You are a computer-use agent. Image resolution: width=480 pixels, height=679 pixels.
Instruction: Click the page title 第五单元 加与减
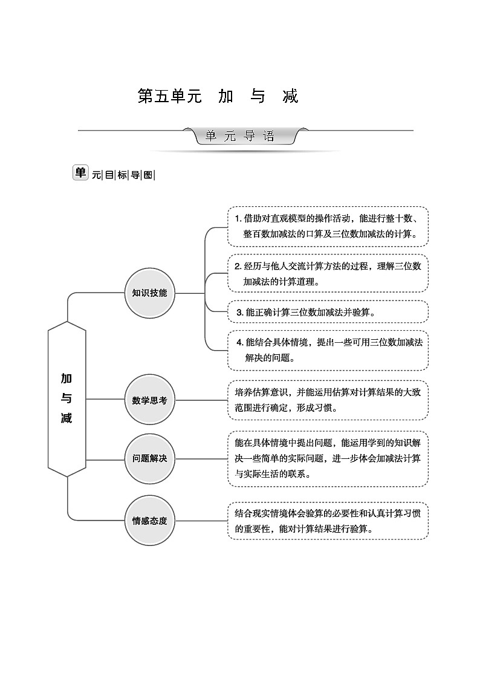(x=218, y=96)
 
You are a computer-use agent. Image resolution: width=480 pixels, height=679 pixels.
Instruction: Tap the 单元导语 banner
(x=240, y=136)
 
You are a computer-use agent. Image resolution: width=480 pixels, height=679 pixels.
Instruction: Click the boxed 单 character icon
(x=80, y=173)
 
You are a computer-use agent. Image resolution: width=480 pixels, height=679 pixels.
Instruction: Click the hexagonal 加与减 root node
(x=66, y=398)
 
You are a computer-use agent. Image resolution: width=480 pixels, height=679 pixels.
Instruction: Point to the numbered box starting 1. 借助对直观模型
(x=328, y=226)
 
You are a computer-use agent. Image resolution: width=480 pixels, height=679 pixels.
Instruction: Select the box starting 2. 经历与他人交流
(x=328, y=273)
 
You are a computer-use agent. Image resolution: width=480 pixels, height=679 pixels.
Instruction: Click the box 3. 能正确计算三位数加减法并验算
(x=328, y=312)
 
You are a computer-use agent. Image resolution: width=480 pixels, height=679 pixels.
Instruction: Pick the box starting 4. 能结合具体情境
(x=328, y=350)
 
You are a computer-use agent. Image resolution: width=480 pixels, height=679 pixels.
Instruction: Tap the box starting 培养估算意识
(x=328, y=400)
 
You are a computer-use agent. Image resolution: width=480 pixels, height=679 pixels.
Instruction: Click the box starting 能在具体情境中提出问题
(x=328, y=458)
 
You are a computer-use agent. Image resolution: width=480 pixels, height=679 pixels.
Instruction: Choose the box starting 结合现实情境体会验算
(x=328, y=520)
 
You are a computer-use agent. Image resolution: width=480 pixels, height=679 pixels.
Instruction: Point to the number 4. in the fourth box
(x=240, y=342)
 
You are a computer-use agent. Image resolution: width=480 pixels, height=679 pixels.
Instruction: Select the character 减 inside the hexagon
(x=66, y=418)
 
